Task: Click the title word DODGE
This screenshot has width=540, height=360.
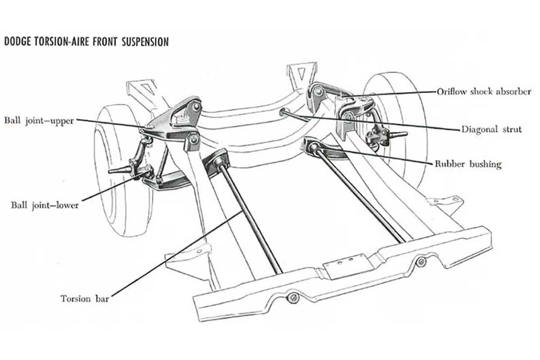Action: click(18, 42)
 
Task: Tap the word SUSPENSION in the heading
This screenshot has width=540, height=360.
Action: click(145, 42)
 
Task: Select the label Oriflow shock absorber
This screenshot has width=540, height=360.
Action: click(484, 92)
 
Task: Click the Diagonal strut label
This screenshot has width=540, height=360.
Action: click(491, 130)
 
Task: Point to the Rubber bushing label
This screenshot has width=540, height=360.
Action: click(468, 164)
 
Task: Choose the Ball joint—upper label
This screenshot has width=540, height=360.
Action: click(39, 120)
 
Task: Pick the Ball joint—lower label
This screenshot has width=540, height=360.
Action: click(45, 205)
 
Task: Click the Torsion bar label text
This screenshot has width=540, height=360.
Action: click(85, 299)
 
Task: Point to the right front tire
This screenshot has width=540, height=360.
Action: click(396, 128)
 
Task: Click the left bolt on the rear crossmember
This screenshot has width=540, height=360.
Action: click(293, 298)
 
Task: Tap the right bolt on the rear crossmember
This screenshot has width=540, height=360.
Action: click(421, 261)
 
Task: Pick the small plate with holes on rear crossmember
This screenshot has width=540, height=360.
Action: click(347, 266)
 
